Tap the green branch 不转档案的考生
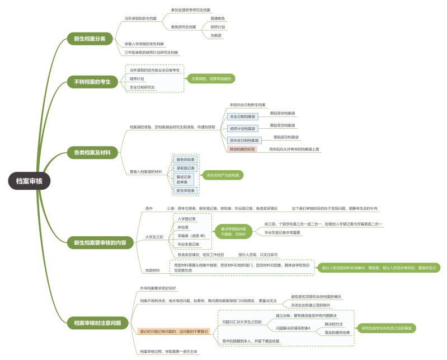pyautogui.click(x=92, y=82)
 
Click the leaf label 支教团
pyautogui.click(x=216, y=35)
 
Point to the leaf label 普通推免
pyautogui.click(x=218, y=18)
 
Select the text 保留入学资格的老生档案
pyautogui.click(x=144, y=44)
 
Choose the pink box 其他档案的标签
pyautogui.click(x=242, y=149)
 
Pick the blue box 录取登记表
pyautogui.click(x=186, y=168)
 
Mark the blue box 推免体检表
pyautogui.click(x=186, y=160)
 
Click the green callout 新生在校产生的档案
pyautogui.click(x=223, y=175)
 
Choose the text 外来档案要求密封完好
pyautogui.click(x=158, y=288)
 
